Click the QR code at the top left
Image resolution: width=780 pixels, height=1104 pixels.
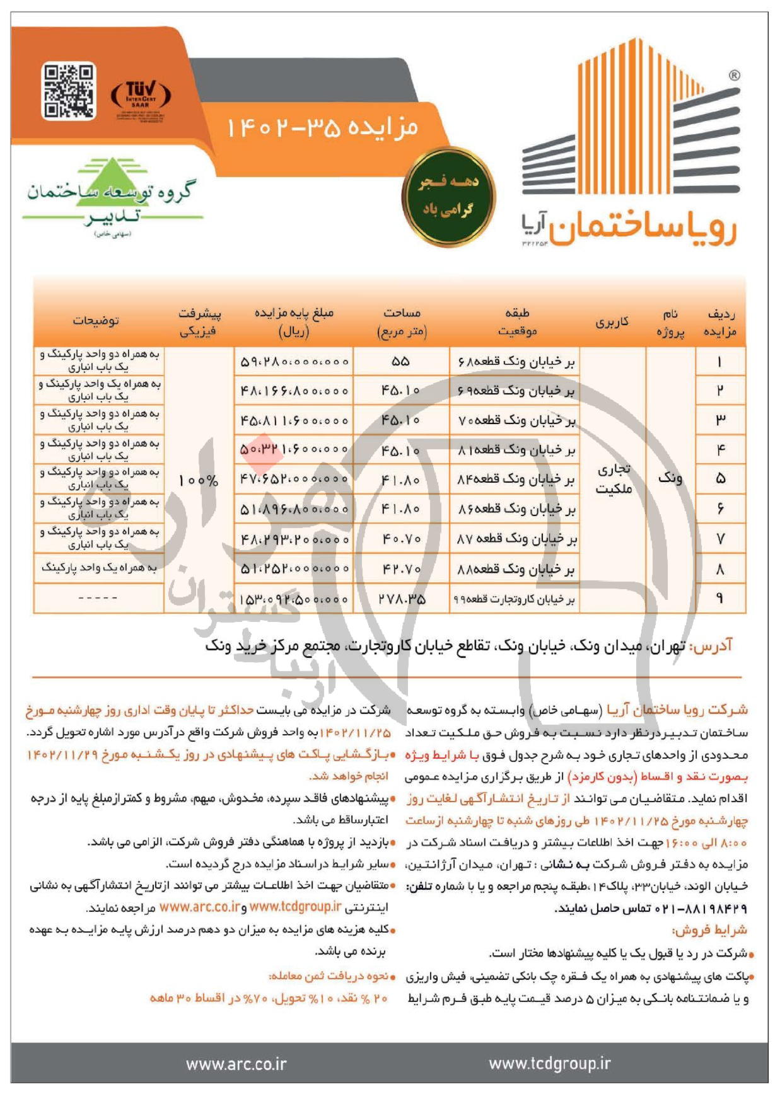click(69, 91)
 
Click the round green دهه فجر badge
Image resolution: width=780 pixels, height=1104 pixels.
click(448, 197)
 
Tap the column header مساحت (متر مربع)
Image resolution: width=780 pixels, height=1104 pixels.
click(402, 321)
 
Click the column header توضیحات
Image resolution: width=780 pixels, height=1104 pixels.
click(95, 321)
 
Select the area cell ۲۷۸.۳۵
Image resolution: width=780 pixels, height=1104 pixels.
click(402, 599)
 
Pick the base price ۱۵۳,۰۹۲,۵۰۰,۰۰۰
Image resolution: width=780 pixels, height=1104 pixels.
click(294, 599)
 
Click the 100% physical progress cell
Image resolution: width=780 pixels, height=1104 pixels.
click(198, 480)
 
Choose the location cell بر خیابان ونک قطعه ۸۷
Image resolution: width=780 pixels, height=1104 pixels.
click(516, 539)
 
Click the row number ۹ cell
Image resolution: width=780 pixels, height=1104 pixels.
click(719, 599)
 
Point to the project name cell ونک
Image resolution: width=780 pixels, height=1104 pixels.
click(670, 478)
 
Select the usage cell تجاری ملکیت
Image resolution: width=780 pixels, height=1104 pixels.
click(613, 479)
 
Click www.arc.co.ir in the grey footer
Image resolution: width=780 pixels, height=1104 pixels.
click(236, 1064)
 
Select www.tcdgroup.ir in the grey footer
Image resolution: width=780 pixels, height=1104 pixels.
click(549, 1064)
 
